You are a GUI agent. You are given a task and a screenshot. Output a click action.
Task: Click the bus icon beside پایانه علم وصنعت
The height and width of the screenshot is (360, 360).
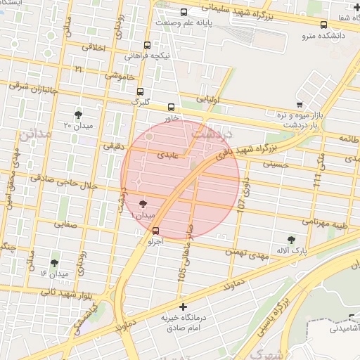tap(184, 12)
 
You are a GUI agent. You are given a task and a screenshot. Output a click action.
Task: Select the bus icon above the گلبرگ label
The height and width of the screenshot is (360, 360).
tap(141, 91)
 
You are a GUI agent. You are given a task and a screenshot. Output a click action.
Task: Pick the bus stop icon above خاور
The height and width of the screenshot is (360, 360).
tap(172, 107)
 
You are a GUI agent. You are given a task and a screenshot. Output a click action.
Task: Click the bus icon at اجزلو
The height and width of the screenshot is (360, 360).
tap(155, 230)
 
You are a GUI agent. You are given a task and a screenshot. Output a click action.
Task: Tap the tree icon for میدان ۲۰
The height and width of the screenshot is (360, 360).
tap(78, 114)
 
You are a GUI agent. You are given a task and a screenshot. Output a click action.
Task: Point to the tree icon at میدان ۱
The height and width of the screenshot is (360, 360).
tap(143, 203)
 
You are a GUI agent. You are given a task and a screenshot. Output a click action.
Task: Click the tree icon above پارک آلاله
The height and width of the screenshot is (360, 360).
tap(291, 239)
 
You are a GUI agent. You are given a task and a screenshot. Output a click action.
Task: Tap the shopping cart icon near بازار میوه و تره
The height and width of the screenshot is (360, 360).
tap(300, 104)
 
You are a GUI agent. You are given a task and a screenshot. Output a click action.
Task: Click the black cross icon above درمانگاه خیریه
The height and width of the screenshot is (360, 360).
tap(184, 307)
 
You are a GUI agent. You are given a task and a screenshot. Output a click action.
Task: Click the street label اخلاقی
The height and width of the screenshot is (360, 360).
tap(94, 48)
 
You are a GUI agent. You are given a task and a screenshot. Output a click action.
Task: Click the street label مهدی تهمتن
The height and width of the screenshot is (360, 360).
tap(247, 252)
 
